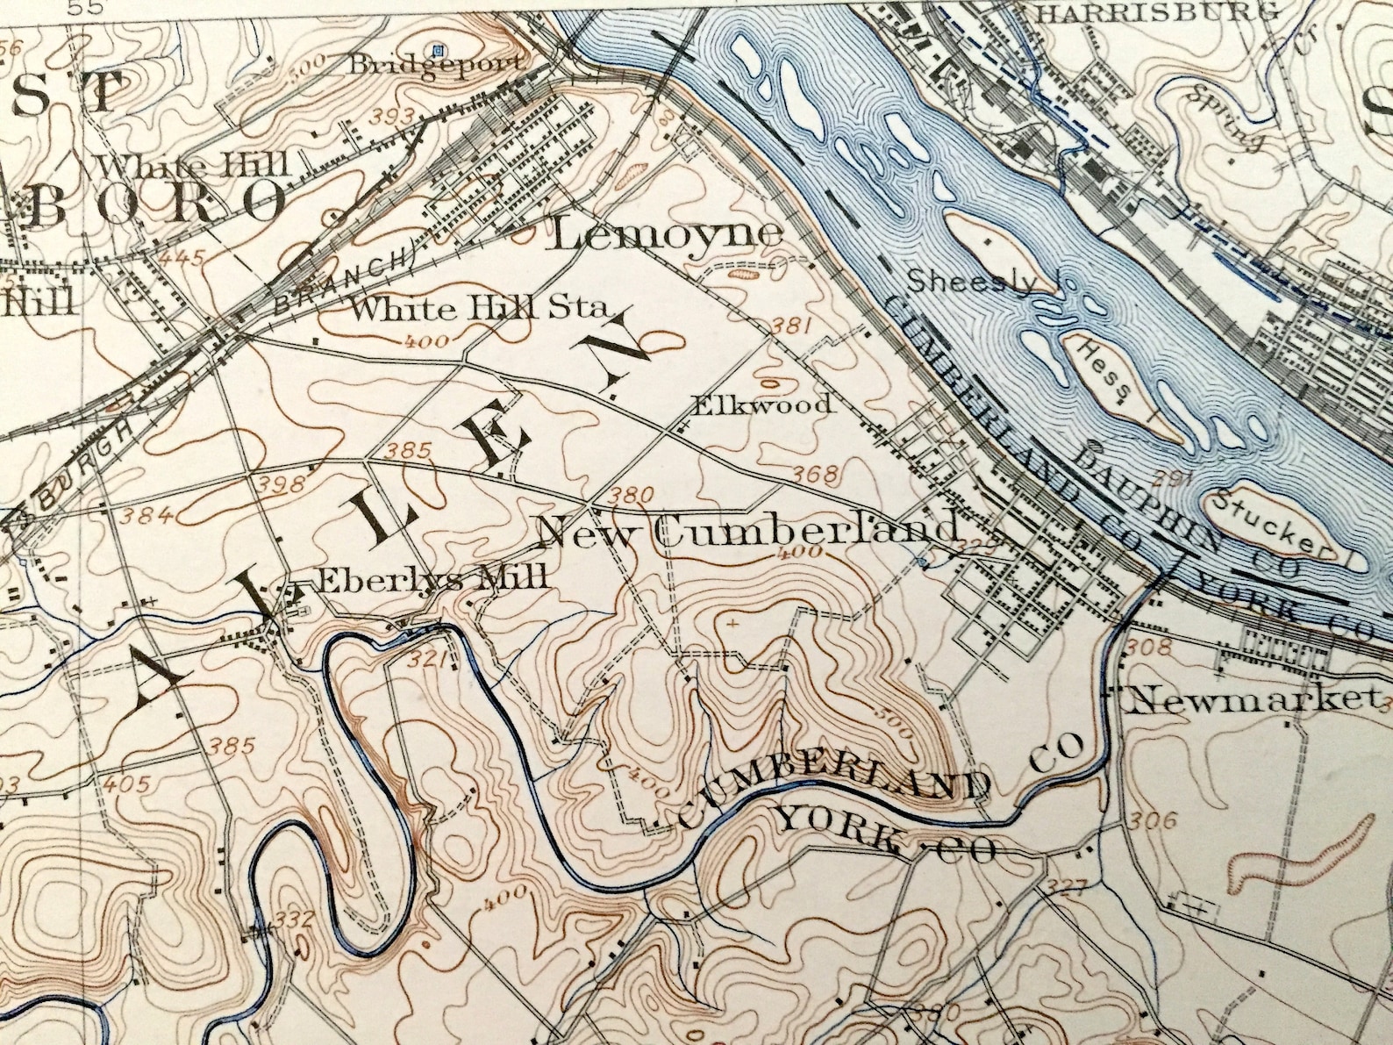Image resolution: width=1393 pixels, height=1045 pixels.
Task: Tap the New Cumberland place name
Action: click(x=748, y=531)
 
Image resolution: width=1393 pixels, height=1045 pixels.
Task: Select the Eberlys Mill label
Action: click(x=432, y=578)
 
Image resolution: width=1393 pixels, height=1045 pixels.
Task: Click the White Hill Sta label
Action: click(x=479, y=309)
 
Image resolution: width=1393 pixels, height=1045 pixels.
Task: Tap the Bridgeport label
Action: click(x=436, y=64)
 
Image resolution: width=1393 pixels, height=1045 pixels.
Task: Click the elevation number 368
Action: click(x=816, y=475)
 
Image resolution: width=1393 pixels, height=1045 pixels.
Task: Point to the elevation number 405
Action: click(x=126, y=784)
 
